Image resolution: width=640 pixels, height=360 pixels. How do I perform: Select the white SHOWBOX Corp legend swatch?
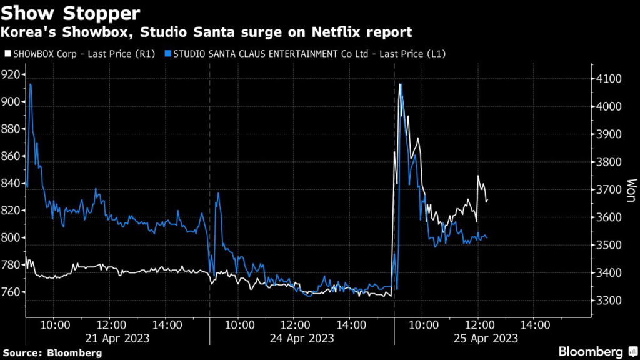pyautogui.click(x=6, y=54)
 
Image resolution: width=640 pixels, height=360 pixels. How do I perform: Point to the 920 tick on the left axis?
pyautogui.click(x=12, y=74)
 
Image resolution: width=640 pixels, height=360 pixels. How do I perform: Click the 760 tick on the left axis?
pyautogui.click(x=12, y=292)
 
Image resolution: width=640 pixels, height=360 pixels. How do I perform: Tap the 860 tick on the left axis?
pyautogui.click(x=12, y=156)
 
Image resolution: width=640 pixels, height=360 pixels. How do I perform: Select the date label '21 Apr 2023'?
pyautogui.click(x=117, y=338)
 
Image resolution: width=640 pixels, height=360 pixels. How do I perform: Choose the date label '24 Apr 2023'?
pyautogui.click(x=302, y=338)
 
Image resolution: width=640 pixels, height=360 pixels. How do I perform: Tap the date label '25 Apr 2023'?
pyautogui.click(x=486, y=338)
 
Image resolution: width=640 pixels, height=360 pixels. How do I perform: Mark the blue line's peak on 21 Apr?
pyautogui.click(x=31, y=84)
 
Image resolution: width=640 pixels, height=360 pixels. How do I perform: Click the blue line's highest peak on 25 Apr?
pyautogui.click(x=400, y=84)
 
